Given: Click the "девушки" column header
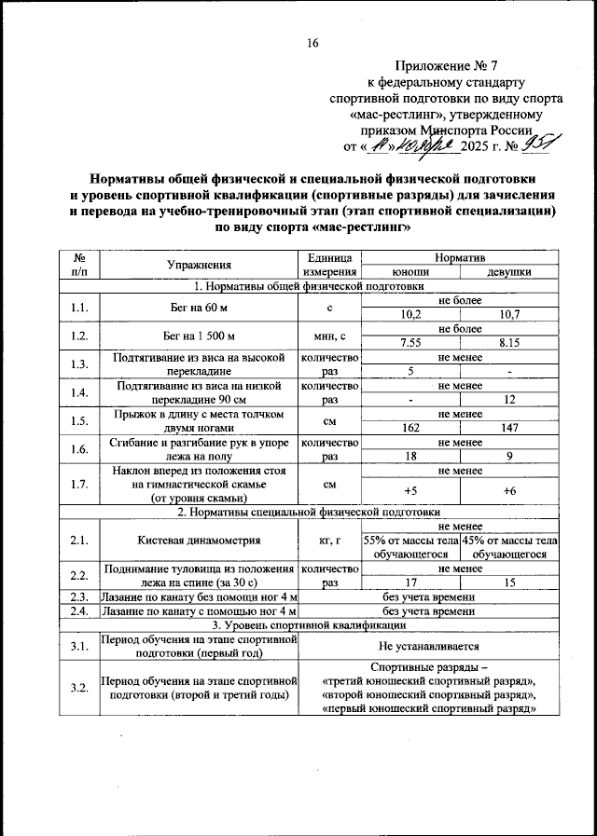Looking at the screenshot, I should point(509,271).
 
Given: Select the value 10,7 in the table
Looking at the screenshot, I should point(509,314).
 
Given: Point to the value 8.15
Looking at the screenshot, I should point(509,342).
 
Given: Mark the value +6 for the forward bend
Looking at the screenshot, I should point(509,490).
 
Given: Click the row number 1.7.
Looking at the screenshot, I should point(78,484).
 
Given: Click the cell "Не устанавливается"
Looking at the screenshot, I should point(428,645).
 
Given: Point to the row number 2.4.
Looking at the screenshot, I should point(78,611).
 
